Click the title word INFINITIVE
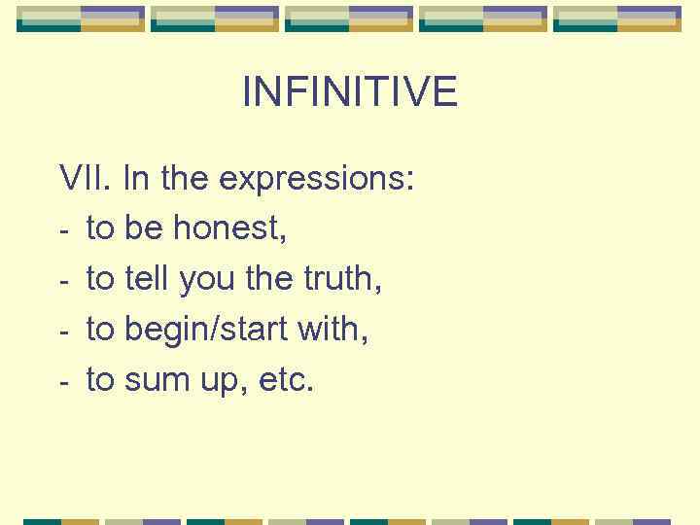(x=349, y=92)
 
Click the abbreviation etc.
(x=285, y=381)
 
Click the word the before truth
(x=265, y=280)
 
